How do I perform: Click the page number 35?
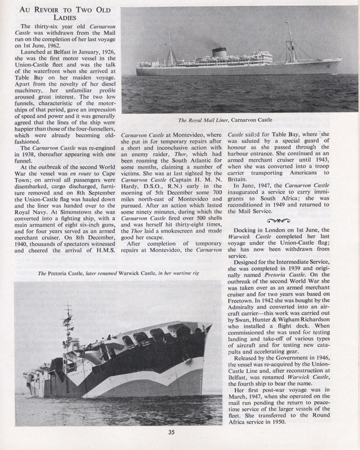click(x=171, y=433)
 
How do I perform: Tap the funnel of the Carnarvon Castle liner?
click(x=220, y=52)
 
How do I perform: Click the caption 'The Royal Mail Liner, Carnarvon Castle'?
click(x=225, y=120)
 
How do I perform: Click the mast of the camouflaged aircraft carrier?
click(x=68, y=326)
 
